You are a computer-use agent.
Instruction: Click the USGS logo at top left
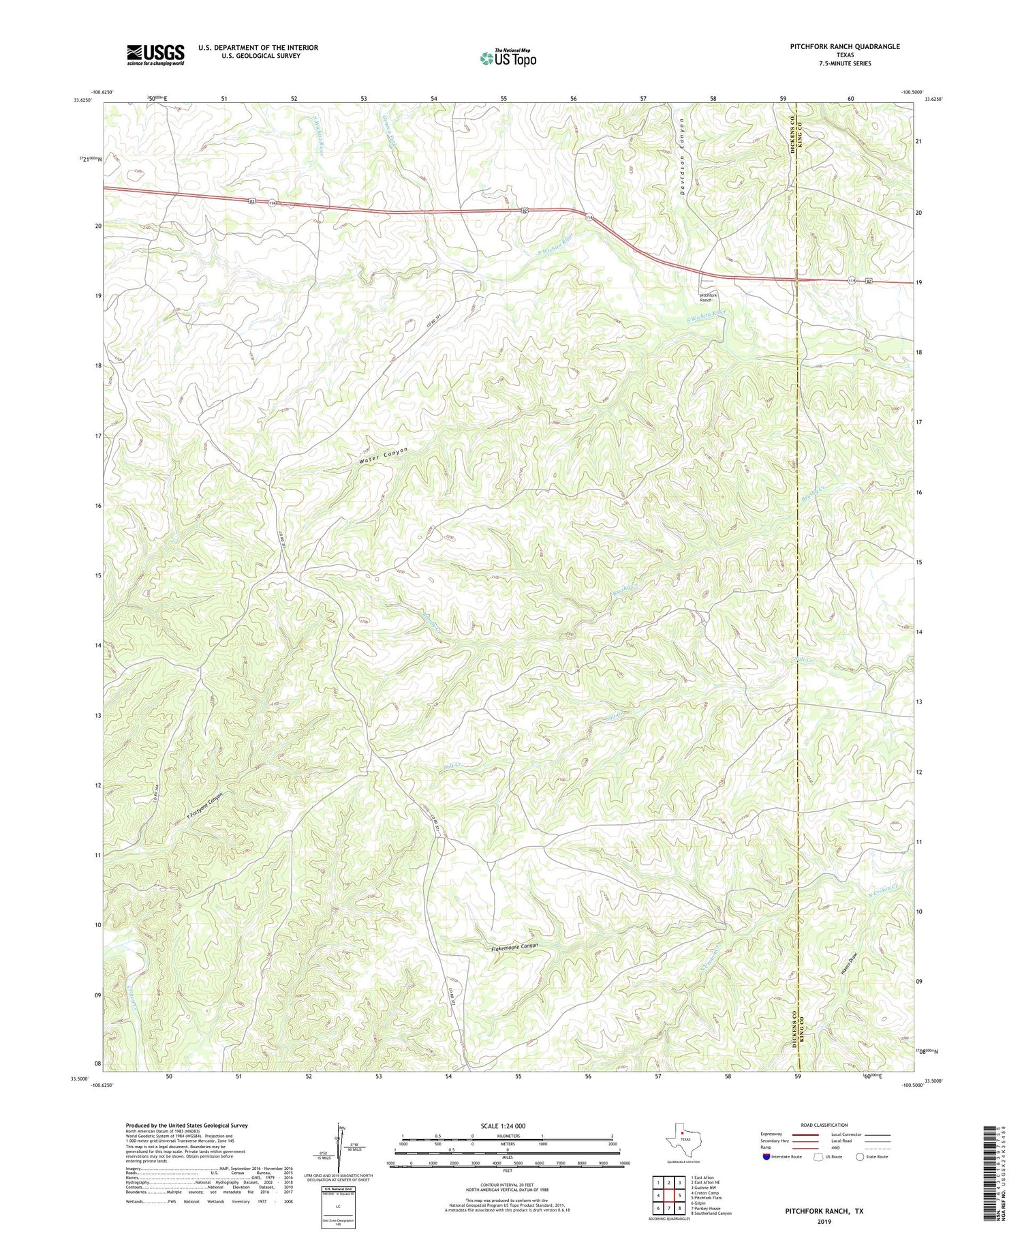(x=155, y=55)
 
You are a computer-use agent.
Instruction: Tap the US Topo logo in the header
(x=508, y=58)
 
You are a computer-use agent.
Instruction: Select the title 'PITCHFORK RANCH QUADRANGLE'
(x=835, y=46)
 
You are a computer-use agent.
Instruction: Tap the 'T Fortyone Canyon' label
(x=205, y=807)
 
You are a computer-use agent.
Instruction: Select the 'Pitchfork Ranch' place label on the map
(x=709, y=297)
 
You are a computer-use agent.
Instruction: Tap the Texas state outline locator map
(x=682, y=1141)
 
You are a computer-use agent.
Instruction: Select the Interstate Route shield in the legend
(x=767, y=1156)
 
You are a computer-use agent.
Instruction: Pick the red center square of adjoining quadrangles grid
(x=669, y=1194)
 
